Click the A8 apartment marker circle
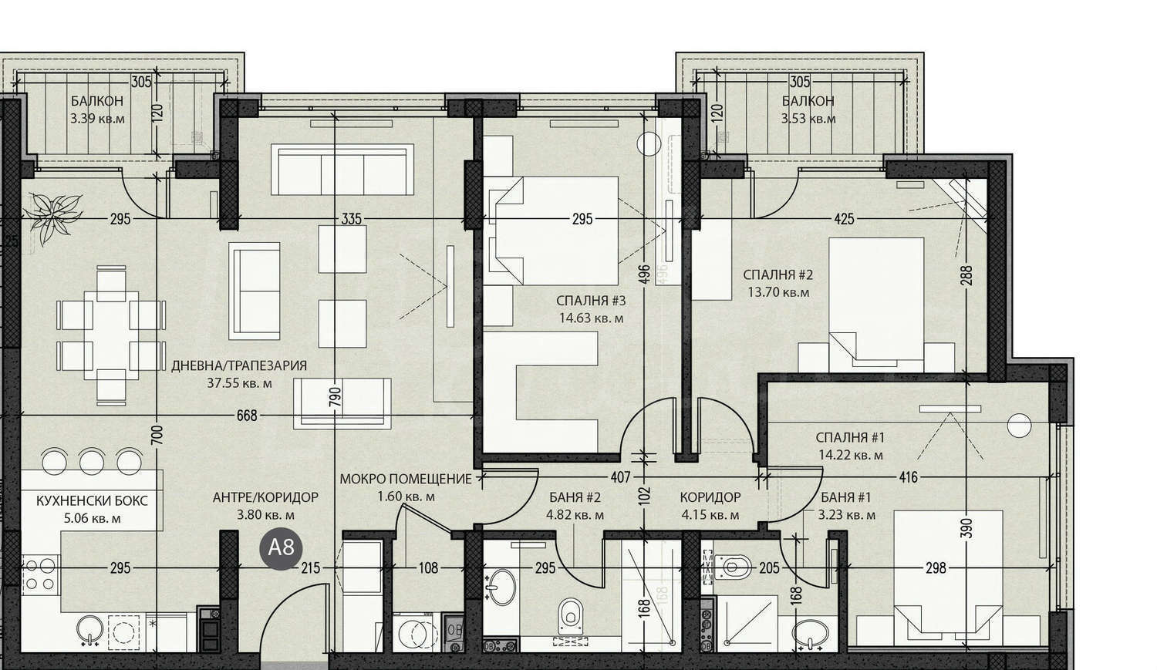click(281, 549)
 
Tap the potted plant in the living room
click(54, 217)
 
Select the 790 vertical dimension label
click(336, 398)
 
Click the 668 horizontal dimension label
click(247, 416)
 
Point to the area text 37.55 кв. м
click(239, 383)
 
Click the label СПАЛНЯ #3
click(591, 301)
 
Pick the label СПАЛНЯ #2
click(778, 274)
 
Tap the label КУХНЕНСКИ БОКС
click(92, 500)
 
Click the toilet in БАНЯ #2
click(570, 616)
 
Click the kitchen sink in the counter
click(90, 630)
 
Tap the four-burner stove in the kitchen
click(40, 575)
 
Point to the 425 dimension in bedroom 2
click(844, 220)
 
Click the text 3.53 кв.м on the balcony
click(808, 119)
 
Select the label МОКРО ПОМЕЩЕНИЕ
click(406, 479)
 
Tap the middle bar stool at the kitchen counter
click(92, 461)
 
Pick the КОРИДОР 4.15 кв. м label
click(710, 506)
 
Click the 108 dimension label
click(428, 568)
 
